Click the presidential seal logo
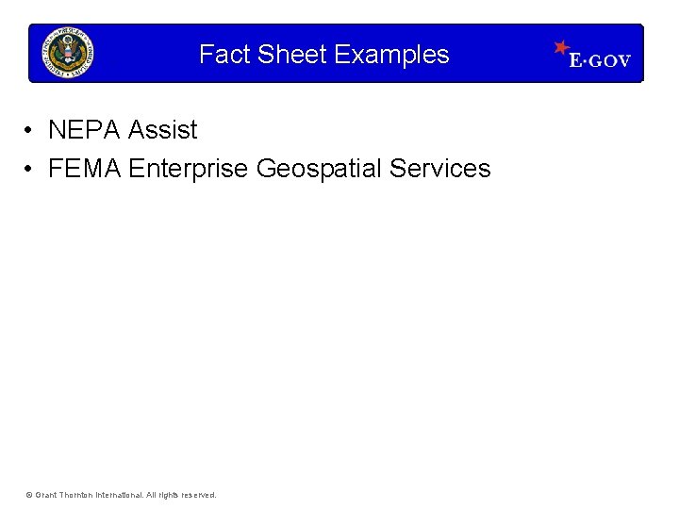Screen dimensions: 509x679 pyautogui.click(x=68, y=53)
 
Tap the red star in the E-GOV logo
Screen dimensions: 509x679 pyautogui.click(x=562, y=46)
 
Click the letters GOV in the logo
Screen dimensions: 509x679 pyautogui.click(x=611, y=61)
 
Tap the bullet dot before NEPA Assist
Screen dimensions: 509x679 pyautogui.click(x=31, y=129)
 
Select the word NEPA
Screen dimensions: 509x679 pyautogui.click(x=84, y=129)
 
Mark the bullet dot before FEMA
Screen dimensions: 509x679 pyautogui.click(x=31, y=169)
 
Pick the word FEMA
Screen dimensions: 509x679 pyautogui.click(x=85, y=169)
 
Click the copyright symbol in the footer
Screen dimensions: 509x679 pyautogui.click(x=29, y=495)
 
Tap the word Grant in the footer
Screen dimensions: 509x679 pyautogui.click(x=45, y=495)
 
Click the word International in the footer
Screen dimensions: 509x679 pyautogui.click(x=119, y=495)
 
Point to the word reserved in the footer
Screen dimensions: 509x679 pyautogui.click(x=198, y=495)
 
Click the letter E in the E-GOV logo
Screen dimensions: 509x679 pyautogui.click(x=575, y=61)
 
